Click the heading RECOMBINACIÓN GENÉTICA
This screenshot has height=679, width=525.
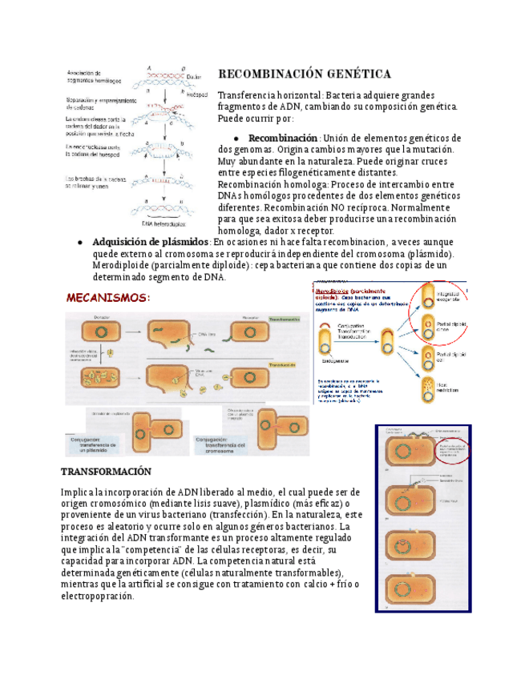[x=304, y=74]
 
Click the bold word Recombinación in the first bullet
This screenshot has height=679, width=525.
[x=283, y=138]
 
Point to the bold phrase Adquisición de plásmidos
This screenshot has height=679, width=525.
[x=151, y=243]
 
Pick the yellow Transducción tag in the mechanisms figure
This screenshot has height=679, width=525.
[x=283, y=364]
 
